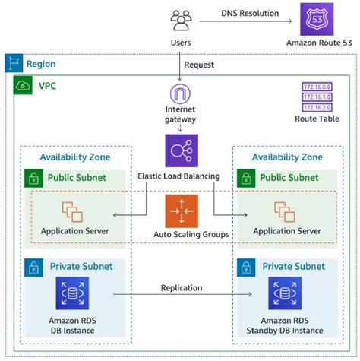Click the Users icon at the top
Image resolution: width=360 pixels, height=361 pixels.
(x=180, y=21)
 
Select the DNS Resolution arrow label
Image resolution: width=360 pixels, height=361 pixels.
(x=248, y=13)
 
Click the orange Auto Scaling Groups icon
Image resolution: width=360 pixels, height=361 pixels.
(x=180, y=210)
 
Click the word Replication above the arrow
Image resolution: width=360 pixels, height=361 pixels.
(x=182, y=288)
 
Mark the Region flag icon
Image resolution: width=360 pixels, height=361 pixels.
(x=13, y=64)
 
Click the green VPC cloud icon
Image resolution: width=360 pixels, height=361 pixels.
(x=23, y=85)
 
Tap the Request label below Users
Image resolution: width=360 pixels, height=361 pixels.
(x=200, y=65)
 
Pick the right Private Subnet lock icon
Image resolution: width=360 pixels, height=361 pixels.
(x=245, y=267)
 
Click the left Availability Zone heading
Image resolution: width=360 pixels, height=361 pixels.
(x=74, y=157)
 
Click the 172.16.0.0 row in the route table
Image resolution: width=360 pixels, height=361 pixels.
(x=316, y=87)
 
